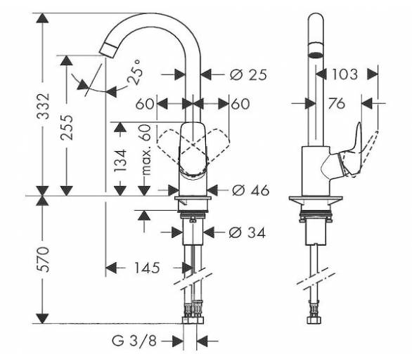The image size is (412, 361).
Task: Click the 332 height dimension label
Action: [43, 106]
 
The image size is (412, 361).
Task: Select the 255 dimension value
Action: [66, 127]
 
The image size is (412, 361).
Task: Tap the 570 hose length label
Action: [43, 259]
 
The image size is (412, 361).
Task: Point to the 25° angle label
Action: [136, 72]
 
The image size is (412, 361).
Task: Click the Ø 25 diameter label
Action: [248, 75]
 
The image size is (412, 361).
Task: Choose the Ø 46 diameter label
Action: [251, 190]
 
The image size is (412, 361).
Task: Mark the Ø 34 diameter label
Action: [247, 232]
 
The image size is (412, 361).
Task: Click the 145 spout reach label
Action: [147, 268]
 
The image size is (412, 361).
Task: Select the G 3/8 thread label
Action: [134, 341]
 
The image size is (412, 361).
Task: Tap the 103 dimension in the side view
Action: [345, 74]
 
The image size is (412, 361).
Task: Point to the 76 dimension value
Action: [336, 103]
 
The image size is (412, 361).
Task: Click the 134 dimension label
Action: [120, 161]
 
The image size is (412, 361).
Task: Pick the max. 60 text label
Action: [146, 150]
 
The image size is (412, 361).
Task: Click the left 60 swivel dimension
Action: [145, 104]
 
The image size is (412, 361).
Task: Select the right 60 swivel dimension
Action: [240, 104]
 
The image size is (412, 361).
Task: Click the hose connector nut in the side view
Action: [314, 320]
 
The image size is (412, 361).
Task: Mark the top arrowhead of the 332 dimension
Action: [43, 18]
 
